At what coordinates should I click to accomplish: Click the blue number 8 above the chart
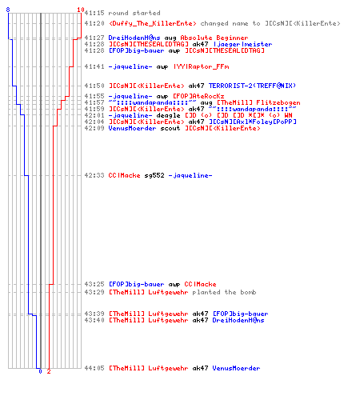(x=8, y=10)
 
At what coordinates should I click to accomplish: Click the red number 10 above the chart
(x=81, y=10)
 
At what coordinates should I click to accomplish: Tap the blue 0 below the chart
(x=40, y=371)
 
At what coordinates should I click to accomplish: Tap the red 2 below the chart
(x=49, y=371)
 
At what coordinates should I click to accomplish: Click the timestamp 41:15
(x=94, y=13)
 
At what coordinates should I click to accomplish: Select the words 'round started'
(x=134, y=13)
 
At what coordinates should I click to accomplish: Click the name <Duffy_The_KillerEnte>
(x=153, y=23)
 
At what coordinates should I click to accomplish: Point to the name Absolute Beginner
(x=214, y=38)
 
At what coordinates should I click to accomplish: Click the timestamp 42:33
(x=94, y=175)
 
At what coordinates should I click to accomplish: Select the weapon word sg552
(x=154, y=175)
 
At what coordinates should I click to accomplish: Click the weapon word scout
(x=170, y=128)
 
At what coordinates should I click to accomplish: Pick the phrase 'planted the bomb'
(x=224, y=292)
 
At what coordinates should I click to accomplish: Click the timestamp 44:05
(x=94, y=368)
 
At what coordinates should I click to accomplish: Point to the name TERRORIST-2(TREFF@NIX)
(x=252, y=86)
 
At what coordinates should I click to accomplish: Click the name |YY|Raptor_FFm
(x=201, y=66)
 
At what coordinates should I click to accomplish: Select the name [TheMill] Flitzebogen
(x=258, y=102)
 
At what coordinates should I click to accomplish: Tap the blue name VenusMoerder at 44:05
(x=236, y=368)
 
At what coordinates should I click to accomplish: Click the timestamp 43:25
(x=94, y=284)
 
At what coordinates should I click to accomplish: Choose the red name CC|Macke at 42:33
(x=124, y=175)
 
